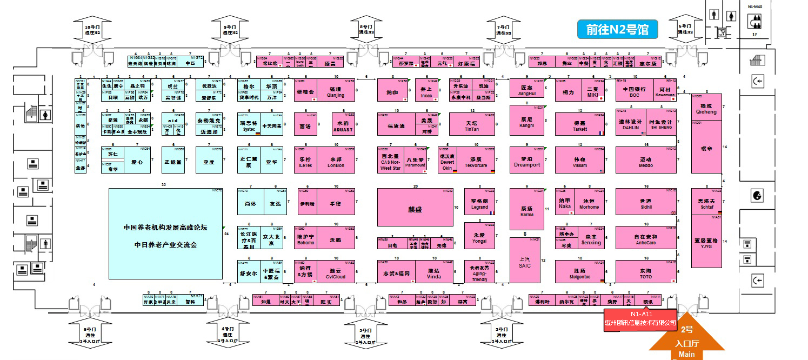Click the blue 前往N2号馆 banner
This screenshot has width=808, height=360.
617,29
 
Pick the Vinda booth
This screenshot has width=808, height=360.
434,272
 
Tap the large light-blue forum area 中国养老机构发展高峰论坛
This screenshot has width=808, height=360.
166,234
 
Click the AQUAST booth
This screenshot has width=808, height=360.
343,125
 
